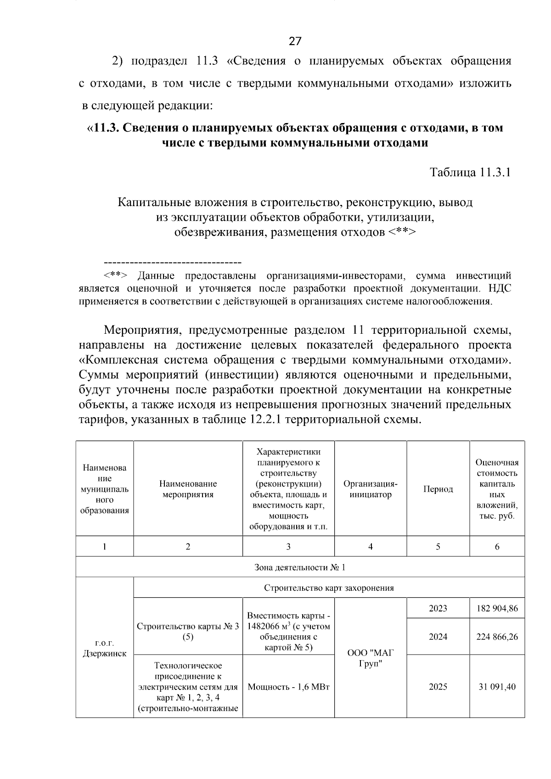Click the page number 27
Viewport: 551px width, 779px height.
coord(295,42)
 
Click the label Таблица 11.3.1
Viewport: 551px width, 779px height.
coord(470,173)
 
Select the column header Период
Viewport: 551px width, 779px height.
coord(438,489)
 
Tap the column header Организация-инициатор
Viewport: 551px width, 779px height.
coord(370,489)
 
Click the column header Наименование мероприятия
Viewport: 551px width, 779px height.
coord(188,489)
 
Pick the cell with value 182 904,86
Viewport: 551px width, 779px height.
coord(497,609)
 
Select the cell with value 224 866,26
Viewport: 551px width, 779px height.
coord(497,637)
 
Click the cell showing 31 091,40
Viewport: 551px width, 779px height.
coord(497,687)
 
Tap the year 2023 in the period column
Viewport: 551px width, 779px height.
coord(438,609)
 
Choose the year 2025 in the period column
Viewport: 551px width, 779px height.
coord(438,687)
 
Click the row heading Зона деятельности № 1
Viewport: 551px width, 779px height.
coord(300,567)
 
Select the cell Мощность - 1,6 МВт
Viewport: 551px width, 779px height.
coord(288,687)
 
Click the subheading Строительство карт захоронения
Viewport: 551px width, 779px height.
coord(329,588)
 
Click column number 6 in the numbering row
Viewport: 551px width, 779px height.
coord(497,547)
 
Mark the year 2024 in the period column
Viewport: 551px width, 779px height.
coord(438,637)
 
